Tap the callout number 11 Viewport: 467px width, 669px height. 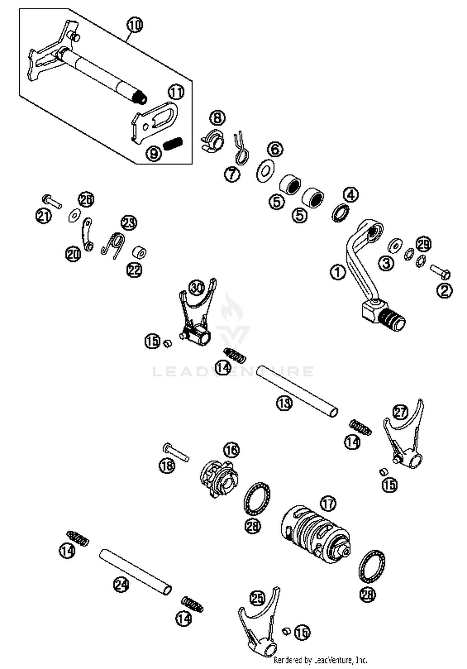[x=176, y=92]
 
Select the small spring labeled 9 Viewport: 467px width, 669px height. [x=173, y=144]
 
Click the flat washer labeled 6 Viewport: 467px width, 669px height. [x=265, y=170]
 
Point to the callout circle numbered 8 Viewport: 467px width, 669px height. [x=217, y=118]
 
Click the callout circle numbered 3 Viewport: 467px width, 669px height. [x=386, y=263]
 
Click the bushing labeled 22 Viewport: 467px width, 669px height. [x=139, y=252]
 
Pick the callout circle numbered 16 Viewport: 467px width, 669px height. [x=231, y=450]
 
